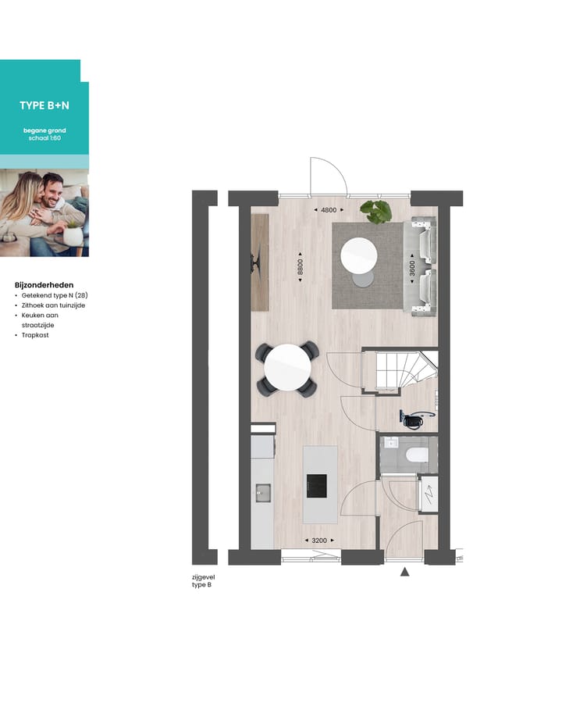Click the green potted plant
tap(376, 209)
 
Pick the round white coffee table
tap(360, 253)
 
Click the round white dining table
tap(287, 367)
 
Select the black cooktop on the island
tap(317, 486)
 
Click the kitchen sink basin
tap(262, 493)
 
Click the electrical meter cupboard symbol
tap(429, 494)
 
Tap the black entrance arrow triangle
tap(405, 572)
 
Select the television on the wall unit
tap(256, 262)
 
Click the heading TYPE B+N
tap(44, 105)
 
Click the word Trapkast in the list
tap(36, 335)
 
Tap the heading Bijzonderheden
tap(44, 286)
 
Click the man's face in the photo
tap(52, 188)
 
